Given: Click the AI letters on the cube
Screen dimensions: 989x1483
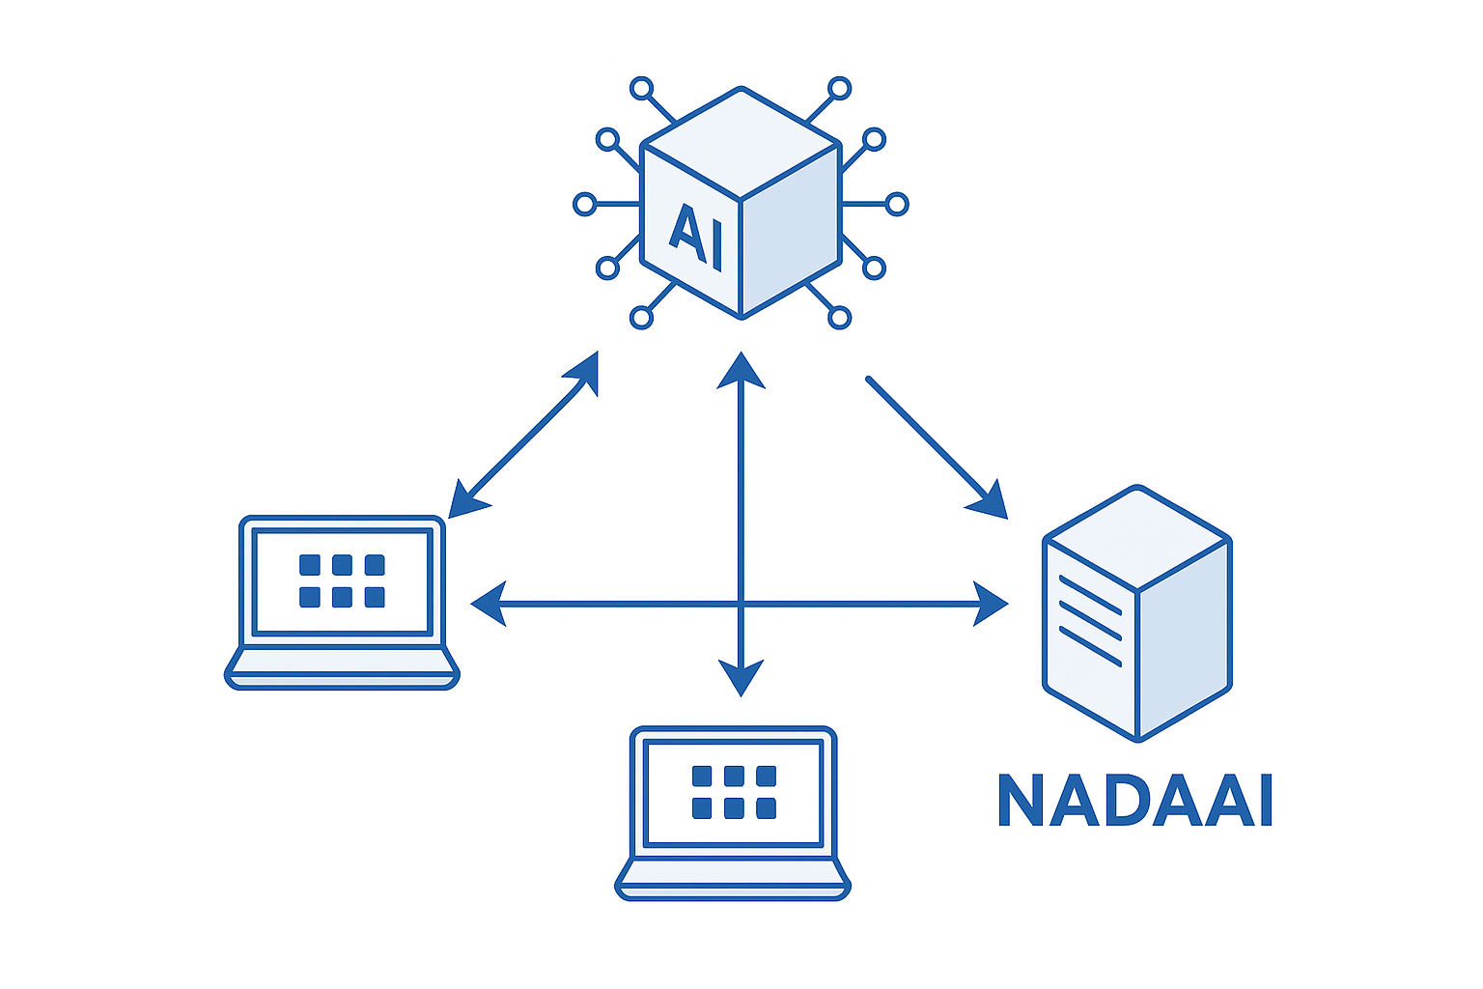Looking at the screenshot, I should pos(695,236).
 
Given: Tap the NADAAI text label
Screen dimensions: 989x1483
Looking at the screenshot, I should pos(1134,801).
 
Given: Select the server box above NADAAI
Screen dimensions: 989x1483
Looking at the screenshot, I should pos(1137,613).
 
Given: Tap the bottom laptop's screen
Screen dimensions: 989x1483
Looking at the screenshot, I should pos(734,792).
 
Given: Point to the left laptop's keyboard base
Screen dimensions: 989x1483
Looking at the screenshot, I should pos(342,668).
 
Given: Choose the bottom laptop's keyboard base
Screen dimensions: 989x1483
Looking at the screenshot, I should pos(733,880).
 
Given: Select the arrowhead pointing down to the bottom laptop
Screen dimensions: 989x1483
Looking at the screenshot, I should pos(741,676).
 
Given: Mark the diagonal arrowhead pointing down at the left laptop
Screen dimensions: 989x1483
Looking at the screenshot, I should pos(465,500).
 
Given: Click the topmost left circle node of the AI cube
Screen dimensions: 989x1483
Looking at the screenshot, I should pos(641,89).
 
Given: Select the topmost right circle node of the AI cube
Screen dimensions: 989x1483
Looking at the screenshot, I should pos(840,89).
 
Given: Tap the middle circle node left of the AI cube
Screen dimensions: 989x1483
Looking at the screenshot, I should pos(584,204).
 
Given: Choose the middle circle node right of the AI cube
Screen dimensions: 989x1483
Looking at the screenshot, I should pos(897,204).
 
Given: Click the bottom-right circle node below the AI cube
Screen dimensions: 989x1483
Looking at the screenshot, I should pos(840,317).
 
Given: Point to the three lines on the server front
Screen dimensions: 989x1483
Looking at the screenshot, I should pos(1090,620).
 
